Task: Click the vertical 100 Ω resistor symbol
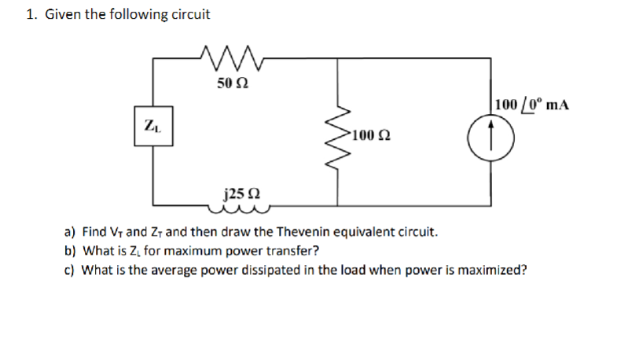pyautogui.click(x=339, y=137)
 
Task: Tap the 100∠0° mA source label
pyautogui.click(x=531, y=104)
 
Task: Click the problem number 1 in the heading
pyautogui.click(x=29, y=15)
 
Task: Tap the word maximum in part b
pyautogui.click(x=202, y=252)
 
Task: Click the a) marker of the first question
pyautogui.click(x=69, y=233)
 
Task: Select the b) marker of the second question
pyautogui.click(x=69, y=252)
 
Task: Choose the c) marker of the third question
pyautogui.click(x=69, y=270)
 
